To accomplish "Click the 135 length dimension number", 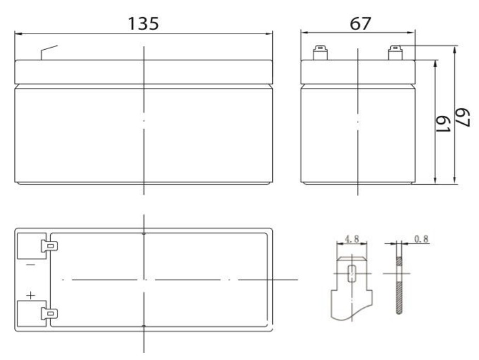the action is pos(143,24).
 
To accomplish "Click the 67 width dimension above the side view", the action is pos(361,24).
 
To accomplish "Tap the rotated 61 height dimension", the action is pos(443,124).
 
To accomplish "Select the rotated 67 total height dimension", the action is pos(462,117).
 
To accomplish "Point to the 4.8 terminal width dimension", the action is pos(352,238).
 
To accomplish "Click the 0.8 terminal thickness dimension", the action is pos(421,239).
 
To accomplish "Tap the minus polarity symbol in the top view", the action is pos(30,265).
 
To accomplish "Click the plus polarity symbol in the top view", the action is pos(30,295).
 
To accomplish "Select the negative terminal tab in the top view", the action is pos(50,246).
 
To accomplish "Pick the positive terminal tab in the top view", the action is pos(50,313).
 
